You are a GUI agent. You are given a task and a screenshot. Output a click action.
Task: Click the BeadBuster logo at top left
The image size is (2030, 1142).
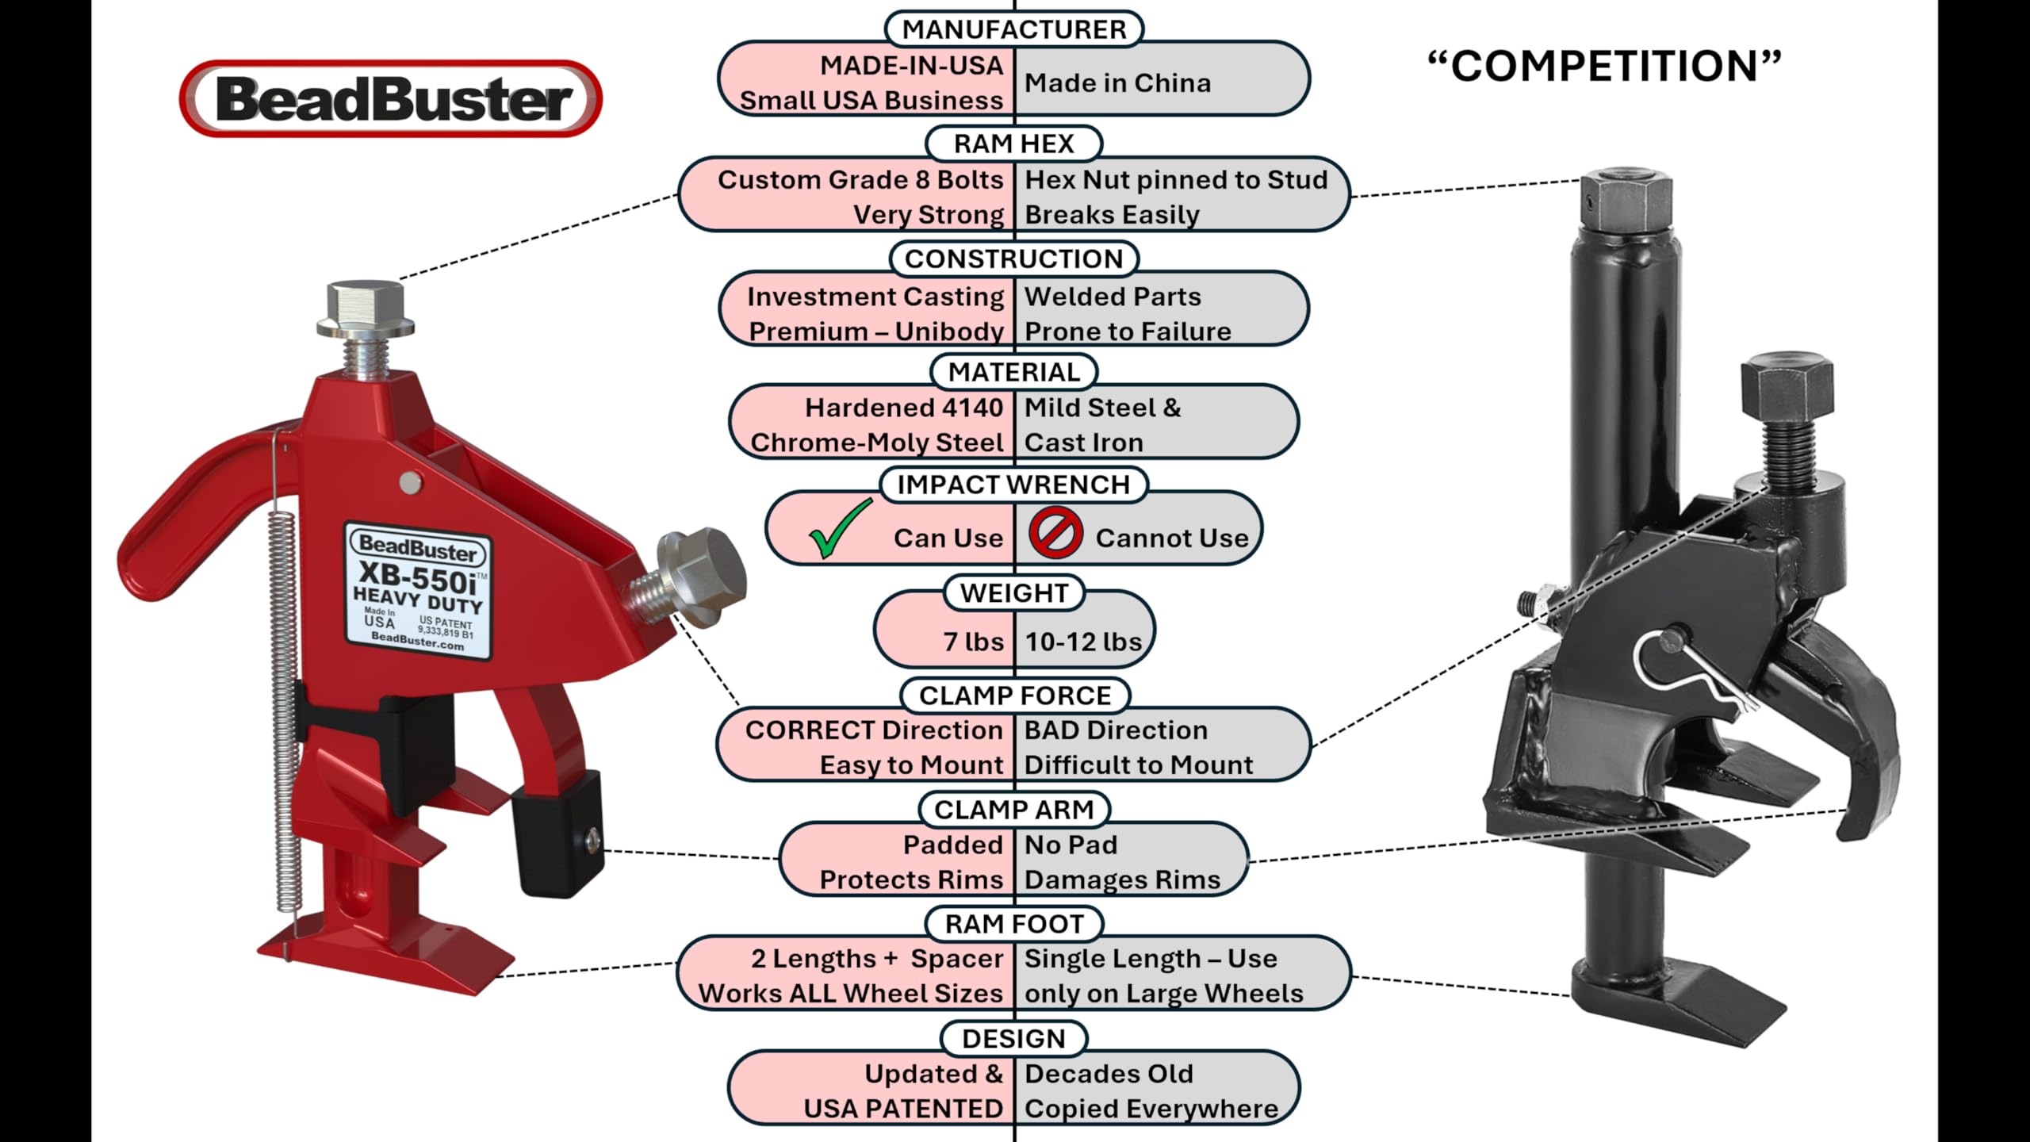coord(391,99)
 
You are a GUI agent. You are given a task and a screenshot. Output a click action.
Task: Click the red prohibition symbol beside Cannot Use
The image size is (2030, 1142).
coord(1055,533)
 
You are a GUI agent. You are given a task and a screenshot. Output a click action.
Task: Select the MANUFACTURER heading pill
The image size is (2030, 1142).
coord(1014,29)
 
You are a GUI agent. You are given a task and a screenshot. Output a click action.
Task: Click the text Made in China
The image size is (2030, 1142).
coord(1117,83)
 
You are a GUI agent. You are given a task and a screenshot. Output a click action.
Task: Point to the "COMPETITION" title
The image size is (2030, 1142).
coord(1604,66)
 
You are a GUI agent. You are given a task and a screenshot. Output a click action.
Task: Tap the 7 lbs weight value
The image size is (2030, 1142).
coord(973,642)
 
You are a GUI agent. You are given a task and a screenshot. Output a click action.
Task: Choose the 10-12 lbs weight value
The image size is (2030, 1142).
coord(1083,642)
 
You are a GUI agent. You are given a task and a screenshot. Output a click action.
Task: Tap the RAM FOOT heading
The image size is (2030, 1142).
coord(1014,924)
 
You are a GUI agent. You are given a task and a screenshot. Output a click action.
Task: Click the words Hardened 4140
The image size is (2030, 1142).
coord(904,408)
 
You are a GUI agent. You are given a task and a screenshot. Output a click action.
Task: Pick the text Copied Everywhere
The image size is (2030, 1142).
coord(1151,1109)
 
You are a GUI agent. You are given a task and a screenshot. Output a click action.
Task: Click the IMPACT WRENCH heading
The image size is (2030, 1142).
coord(1013,485)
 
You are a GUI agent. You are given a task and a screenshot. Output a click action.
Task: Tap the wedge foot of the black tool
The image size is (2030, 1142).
coord(1681,1007)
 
